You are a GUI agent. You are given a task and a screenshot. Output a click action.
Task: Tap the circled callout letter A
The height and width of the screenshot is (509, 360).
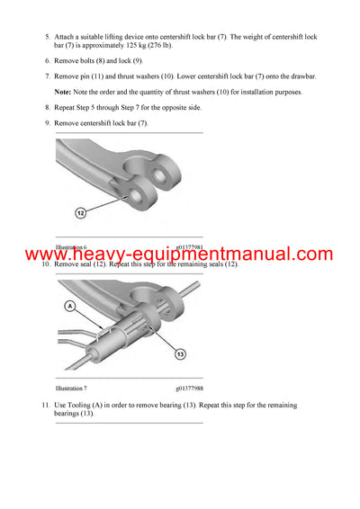pyautogui.click(x=68, y=306)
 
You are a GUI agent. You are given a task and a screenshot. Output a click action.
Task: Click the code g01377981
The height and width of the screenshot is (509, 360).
pyautogui.click(x=191, y=246)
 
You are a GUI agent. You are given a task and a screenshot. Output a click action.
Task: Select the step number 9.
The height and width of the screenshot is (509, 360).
pyautogui.click(x=47, y=121)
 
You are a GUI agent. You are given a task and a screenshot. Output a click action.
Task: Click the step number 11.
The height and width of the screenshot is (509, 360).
pyautogui.click(x=45, y=406)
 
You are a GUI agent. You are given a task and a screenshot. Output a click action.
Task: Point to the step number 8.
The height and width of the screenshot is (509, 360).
pyautogui.click(x=47, y=107)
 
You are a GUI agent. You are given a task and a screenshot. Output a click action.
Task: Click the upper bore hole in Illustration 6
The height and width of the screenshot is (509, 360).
pyautogui.click(x=167, y=173)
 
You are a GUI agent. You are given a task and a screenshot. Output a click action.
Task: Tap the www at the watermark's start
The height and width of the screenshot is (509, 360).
pyautogui.click(x=46, y=254)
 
